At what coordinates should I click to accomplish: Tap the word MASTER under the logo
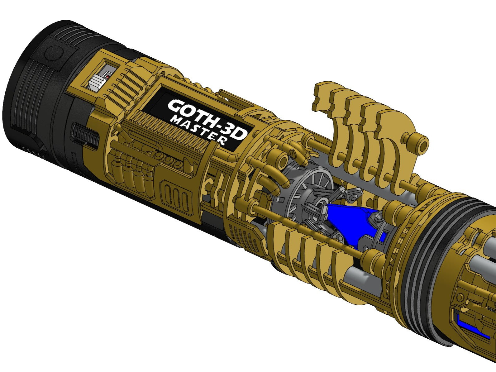click(198, 131)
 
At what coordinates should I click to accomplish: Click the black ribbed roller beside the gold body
click(85, 134)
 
